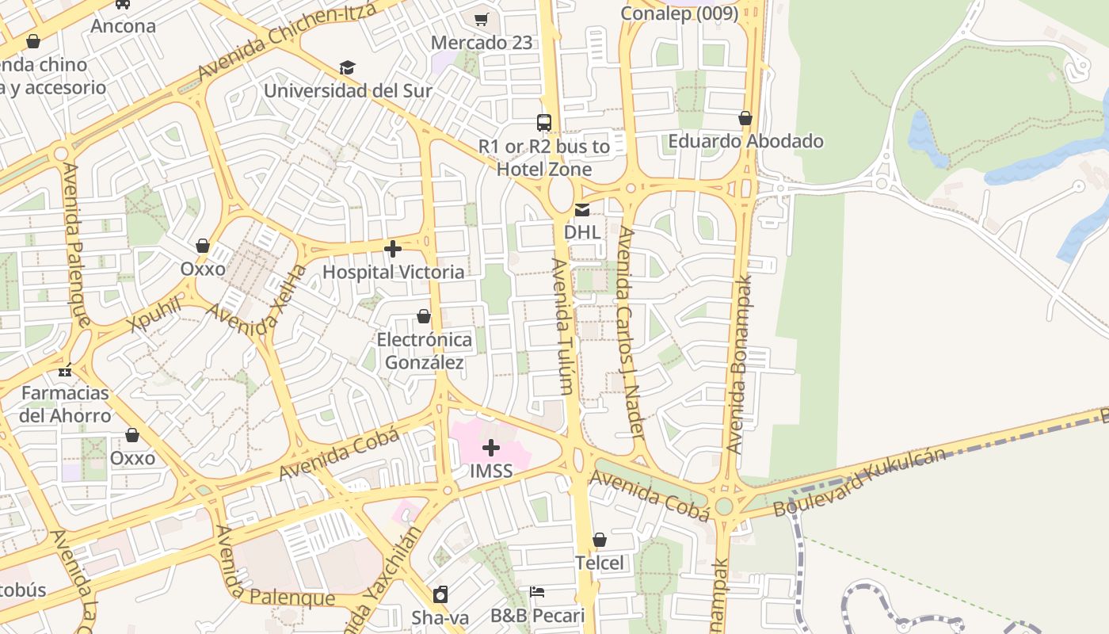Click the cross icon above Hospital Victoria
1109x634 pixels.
[392, 250]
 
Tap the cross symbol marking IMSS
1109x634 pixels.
[491, 448]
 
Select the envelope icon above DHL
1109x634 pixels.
[582, 210]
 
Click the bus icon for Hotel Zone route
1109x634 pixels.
[544, 123]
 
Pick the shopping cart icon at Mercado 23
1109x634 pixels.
[482, 19]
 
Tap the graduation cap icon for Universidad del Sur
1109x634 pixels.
[347, 68]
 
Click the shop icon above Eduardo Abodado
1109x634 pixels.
[745, 119]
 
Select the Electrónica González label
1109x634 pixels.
[424, 351]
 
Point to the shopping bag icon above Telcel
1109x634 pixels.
[600, 540]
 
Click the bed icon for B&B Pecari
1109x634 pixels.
[537, 592]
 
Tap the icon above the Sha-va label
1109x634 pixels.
[440, 594]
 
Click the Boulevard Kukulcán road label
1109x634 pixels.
[859, 482]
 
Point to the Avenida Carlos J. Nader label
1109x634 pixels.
[631, 331]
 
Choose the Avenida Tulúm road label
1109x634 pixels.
[563, 326]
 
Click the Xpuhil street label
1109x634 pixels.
[155, 315]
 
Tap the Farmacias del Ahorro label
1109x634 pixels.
[66, 404]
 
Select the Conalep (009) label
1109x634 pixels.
[679, 13]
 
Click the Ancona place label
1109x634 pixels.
[123, 26]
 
